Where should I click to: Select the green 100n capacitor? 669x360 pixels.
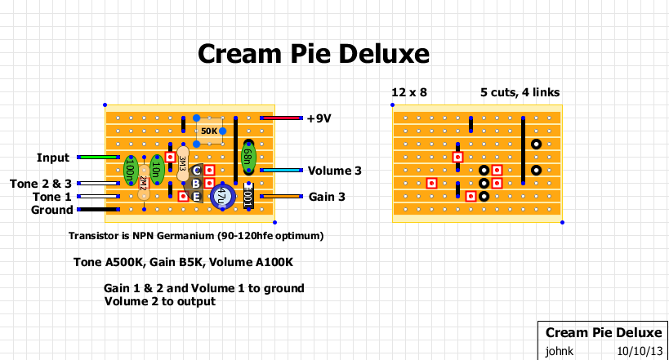(130, 170)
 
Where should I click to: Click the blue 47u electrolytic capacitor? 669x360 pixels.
(221, 196)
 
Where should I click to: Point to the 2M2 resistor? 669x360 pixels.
(143, 183)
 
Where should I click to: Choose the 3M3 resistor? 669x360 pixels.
(182, 163)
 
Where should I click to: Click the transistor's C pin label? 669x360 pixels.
(196, 171)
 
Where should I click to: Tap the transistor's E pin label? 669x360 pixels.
(196, 196)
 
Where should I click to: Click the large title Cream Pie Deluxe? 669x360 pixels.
(314, 55)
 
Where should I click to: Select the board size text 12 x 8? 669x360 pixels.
(409, 92)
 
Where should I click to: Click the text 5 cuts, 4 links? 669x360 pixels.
(520, 92)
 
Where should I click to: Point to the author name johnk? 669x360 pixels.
(560, 350)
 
